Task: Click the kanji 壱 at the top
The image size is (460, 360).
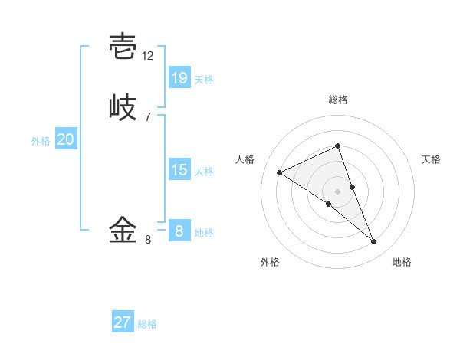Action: (123, 47)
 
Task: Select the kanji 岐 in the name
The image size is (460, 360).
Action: (123, 107)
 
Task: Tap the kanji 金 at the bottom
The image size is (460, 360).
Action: (123, 229)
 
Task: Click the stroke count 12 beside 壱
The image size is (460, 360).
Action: (148, 56)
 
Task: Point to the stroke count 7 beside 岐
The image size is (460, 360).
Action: (148, 116)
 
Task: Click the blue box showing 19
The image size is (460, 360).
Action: (179, 77)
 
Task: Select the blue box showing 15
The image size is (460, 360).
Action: (179, 169)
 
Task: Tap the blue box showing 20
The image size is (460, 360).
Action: (66, 139)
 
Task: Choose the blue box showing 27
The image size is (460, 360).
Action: (123, 322)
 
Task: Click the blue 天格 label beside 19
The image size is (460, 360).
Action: (204, 80)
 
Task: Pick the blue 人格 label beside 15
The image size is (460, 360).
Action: (204, 172)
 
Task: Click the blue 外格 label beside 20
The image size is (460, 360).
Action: (41, 141)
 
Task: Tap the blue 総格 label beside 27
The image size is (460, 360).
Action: (147, 324)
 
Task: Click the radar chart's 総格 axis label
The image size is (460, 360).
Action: (338, 100)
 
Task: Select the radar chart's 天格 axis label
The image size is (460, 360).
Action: (432, 159)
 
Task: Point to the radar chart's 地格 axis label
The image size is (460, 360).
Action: (402, 263)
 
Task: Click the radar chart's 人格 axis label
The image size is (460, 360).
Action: (245, 159)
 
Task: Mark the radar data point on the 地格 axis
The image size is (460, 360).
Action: (374, 242)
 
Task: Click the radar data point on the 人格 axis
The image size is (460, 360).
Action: (279, 172)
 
